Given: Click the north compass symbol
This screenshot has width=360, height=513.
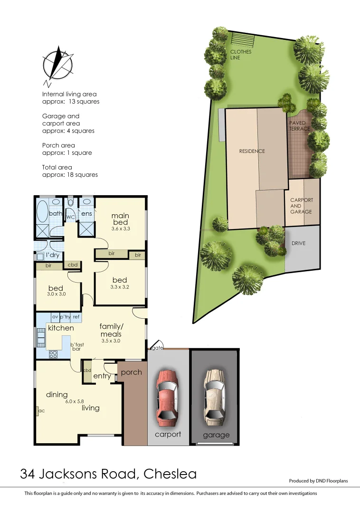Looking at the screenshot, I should [x=58, y=64].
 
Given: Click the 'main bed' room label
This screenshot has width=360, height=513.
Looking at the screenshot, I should [x=120, y=219].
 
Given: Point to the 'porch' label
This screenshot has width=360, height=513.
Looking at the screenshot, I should [x=132, y=372].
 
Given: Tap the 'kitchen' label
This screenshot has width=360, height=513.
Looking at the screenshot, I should [x=61, y=328].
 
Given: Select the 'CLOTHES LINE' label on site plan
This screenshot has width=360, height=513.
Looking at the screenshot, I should [x=241, y=55].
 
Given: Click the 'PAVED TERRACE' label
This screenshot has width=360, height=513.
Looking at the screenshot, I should [x=300, y=126].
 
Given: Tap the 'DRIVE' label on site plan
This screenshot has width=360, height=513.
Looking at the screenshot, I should [x=299, y=243].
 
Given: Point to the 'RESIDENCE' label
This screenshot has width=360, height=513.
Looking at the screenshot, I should [x=252, y=151].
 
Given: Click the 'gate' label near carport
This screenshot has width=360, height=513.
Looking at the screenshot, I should [x=158, y=348].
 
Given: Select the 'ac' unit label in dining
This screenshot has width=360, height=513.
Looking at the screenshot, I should [x=41, y=411].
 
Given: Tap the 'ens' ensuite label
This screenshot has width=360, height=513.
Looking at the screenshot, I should [x=86, y=214].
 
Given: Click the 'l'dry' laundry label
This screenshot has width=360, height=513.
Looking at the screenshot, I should [x=52, y=255].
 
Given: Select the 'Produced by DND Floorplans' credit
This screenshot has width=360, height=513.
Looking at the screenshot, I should [x=318, y=481].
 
